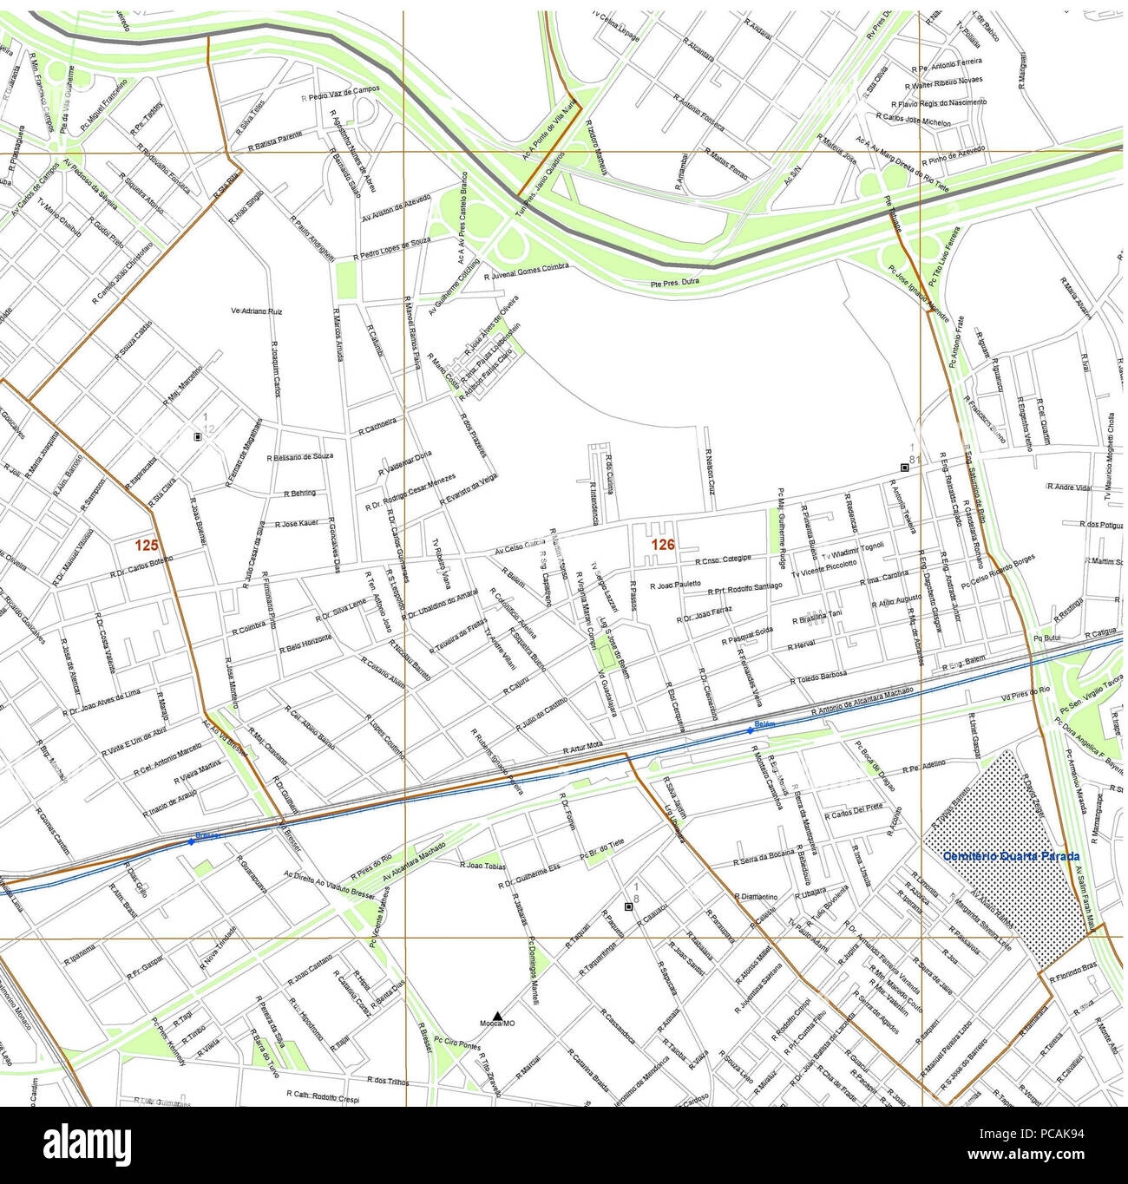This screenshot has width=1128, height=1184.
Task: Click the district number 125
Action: click(x=147, y=546)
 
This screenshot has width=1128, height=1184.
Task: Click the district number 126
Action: click(x=663, y=545)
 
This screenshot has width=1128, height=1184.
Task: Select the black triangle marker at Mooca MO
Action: click(x=497, y=1015)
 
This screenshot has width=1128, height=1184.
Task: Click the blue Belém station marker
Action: click(x=751, y=730)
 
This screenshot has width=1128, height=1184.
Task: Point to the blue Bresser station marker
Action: click(x=191, y=841)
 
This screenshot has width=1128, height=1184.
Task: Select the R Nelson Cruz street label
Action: click(x=710, y=472)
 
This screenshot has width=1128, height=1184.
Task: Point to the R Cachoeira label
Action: click(x=377, y=425)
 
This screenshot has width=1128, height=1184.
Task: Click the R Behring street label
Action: click(x=299, y=493)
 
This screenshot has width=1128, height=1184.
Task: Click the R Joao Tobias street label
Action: click(x=482, y=865)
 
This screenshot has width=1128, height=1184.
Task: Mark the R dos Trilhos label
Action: click(x=388, y=1081)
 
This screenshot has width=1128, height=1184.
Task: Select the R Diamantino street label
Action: click(x=755, y=896)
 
